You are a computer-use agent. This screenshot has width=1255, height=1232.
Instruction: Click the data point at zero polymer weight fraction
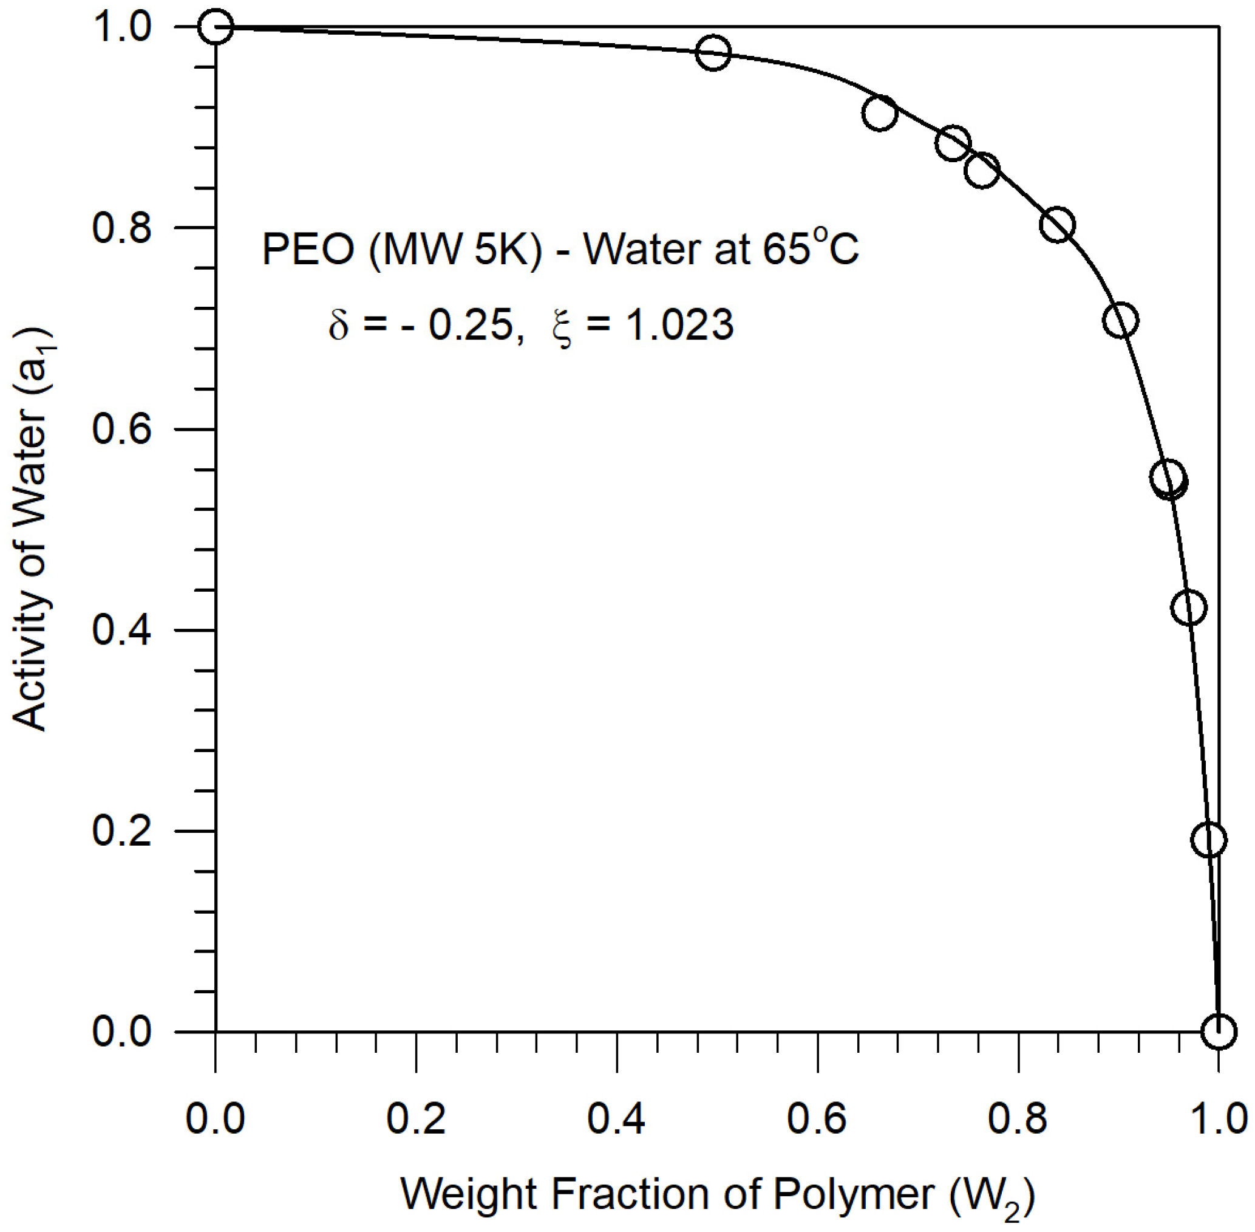tap(216, 27)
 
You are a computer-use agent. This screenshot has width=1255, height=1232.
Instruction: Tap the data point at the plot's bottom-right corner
tap(1218, 1030)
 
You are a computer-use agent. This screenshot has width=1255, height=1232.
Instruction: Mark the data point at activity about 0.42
tap(1188, 607)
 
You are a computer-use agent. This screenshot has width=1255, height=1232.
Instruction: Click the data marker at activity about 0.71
tap(1120, 320)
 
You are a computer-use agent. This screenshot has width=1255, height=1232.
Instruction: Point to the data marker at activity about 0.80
tap(1058, 225)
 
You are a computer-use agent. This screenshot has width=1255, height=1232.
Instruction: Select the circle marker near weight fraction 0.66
tap(879, 113)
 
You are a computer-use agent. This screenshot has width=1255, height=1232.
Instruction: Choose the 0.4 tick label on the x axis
tap(617, 1118)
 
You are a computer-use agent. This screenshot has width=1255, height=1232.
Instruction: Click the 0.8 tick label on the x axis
tap(1018, 1118)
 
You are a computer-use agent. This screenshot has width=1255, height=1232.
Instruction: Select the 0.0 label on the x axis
tap(216, 1118)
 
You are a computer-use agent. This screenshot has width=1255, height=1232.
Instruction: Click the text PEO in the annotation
tap(308, 250)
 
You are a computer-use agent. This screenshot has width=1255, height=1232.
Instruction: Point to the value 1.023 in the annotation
tap(679, 325)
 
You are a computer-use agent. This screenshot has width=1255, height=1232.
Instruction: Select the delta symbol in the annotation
tap(338, 325)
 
